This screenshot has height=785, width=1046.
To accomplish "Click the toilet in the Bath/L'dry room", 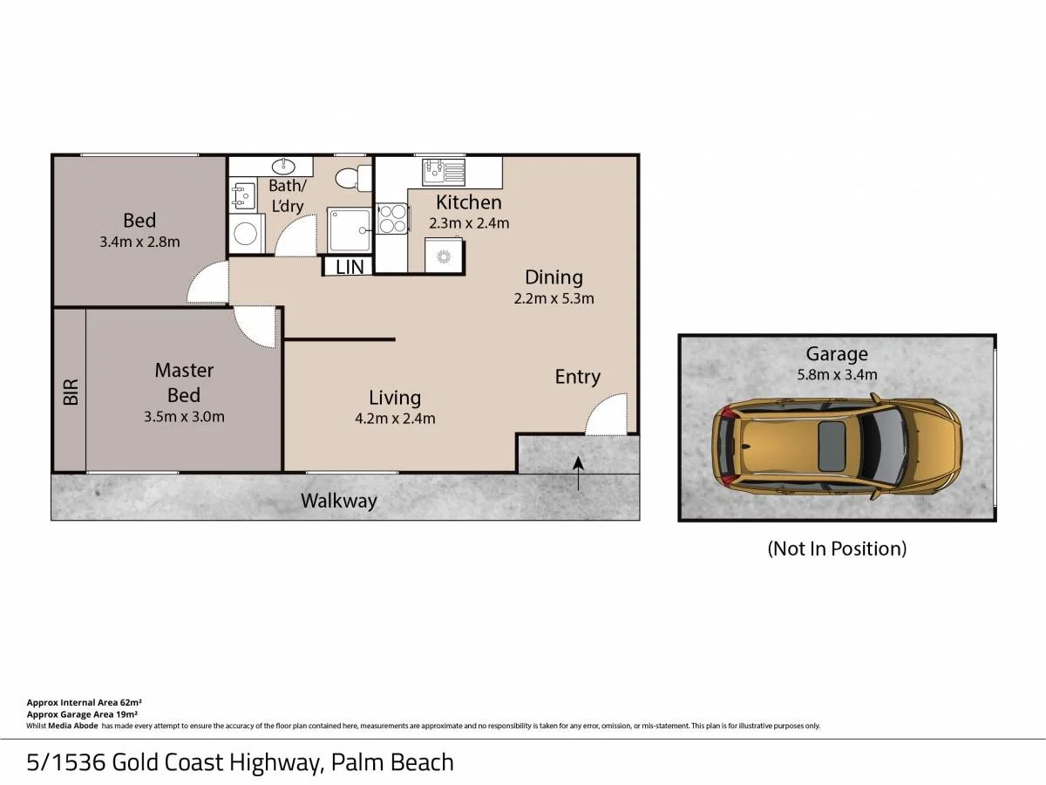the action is tap(353, 178).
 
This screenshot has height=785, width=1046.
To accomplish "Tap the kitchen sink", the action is tap(443, 172).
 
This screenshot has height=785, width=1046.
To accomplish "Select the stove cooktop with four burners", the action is tap(392, 218).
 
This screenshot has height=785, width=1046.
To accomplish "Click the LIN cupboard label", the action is tap(350, 268).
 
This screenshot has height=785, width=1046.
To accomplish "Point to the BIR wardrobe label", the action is tap(71, 392).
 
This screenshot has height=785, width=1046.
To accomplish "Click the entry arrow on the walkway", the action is tap(578, 474).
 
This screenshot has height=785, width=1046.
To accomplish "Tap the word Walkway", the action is tap(339, 501).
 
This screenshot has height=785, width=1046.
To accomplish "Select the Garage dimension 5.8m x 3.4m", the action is tap(838, 375).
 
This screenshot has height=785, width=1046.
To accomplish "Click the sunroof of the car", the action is tap(832, 446).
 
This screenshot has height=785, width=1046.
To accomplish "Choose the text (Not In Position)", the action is tap(837, 549).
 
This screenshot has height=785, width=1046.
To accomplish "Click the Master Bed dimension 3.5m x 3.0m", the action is tap(184, 417).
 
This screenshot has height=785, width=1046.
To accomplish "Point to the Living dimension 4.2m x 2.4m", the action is tap(395, 419).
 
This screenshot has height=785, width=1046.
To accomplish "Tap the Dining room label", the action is tap(554, 276).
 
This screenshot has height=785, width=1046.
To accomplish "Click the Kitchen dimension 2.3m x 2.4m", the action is tap(469, 223).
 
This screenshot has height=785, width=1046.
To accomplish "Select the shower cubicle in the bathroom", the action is tap(350, 229).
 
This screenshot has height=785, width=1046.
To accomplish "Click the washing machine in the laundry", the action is tap(247, 234).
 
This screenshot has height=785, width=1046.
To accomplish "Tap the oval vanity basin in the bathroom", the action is tap(283, 167).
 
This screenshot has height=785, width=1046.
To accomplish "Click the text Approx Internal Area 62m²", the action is tap(85, 702).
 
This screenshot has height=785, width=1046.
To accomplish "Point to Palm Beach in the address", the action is tap(392, 762).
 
